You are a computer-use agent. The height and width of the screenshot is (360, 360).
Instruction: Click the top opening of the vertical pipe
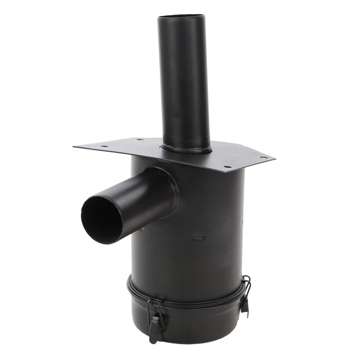[x=181, y=17]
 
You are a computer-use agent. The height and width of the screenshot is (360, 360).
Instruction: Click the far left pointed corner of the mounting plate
[x=75, y=147]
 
